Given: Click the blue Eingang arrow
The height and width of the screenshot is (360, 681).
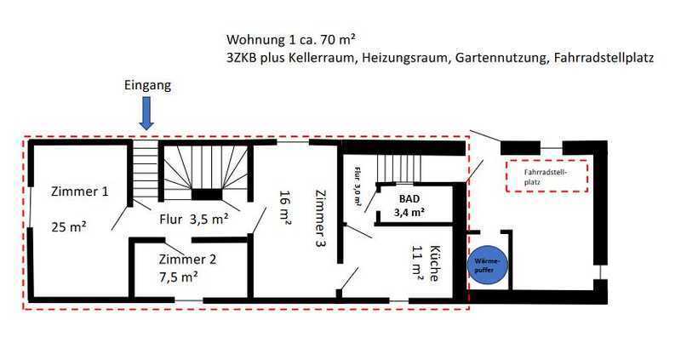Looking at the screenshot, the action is pos(146,113).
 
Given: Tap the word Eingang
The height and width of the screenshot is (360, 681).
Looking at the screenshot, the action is pos(147,85).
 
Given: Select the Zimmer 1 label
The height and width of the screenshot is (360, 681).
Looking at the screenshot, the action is pos(80,191).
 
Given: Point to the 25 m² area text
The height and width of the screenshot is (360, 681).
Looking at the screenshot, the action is pos(69,226).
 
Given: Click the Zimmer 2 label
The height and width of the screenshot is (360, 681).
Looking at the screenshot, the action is pos(187,260).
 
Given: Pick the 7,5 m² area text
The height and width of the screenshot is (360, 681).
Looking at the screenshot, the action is pos(179,277).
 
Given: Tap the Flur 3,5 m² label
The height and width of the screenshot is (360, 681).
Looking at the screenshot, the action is pos(194,220).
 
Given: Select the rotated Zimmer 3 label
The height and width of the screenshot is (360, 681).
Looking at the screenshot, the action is pos(321,219).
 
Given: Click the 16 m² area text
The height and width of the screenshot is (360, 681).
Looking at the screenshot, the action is pos(285,207).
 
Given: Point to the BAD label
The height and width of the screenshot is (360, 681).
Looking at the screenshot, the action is pos(409,199).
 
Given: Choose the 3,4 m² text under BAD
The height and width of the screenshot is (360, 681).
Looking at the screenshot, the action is pos(409,213).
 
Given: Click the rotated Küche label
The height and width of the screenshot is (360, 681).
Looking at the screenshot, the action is pos(433,264).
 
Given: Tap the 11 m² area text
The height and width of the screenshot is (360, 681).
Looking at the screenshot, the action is pos(417,263).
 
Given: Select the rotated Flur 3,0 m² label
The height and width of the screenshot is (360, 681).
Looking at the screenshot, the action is pos(357,186).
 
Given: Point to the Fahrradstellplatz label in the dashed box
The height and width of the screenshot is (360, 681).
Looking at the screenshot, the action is pos(546,176).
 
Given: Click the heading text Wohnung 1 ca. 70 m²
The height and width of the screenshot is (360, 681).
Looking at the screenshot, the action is pos(291,39).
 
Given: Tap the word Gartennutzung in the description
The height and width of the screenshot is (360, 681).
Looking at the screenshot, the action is pos(501,58).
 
